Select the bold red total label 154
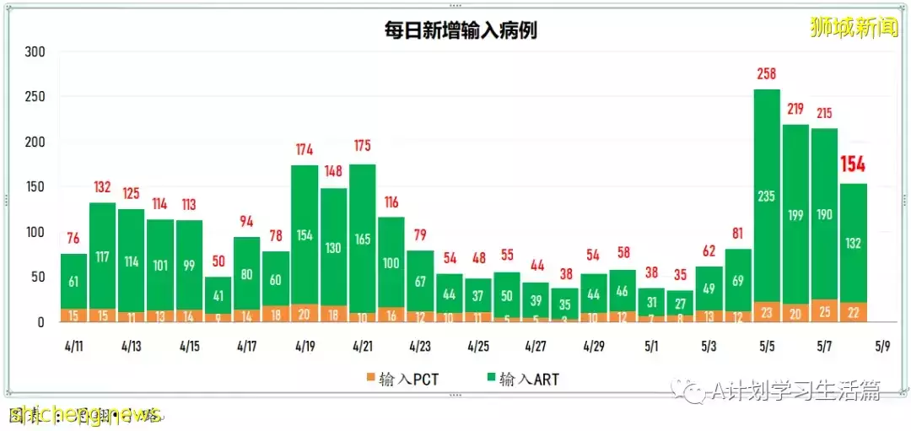tap(853, 164)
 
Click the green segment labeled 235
tap(766, 196)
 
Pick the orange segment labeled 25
tap(824, 311)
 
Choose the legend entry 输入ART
tap(523, 379)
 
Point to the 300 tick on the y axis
tap(35, 51)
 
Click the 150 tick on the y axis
tap(35, 186)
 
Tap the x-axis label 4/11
tap(73, 347)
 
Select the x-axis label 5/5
tap(766, 347)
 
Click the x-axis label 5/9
tap(881, 347)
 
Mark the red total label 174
tap(305, 150)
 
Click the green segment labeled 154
tap(305, 234)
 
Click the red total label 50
tap(218, 261)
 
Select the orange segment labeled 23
tap(766, 311)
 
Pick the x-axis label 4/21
tap(362, 347)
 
